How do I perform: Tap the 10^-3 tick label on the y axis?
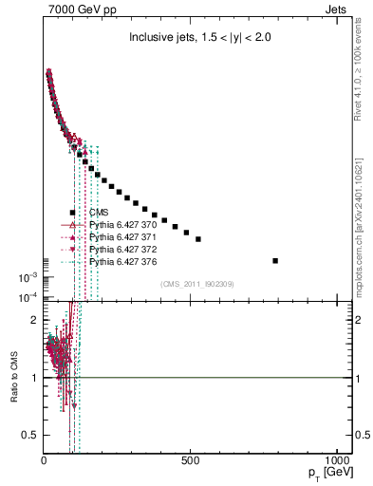point(27,277)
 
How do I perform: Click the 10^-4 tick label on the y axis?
point(27,298)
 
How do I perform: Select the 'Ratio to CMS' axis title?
point(12,378)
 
